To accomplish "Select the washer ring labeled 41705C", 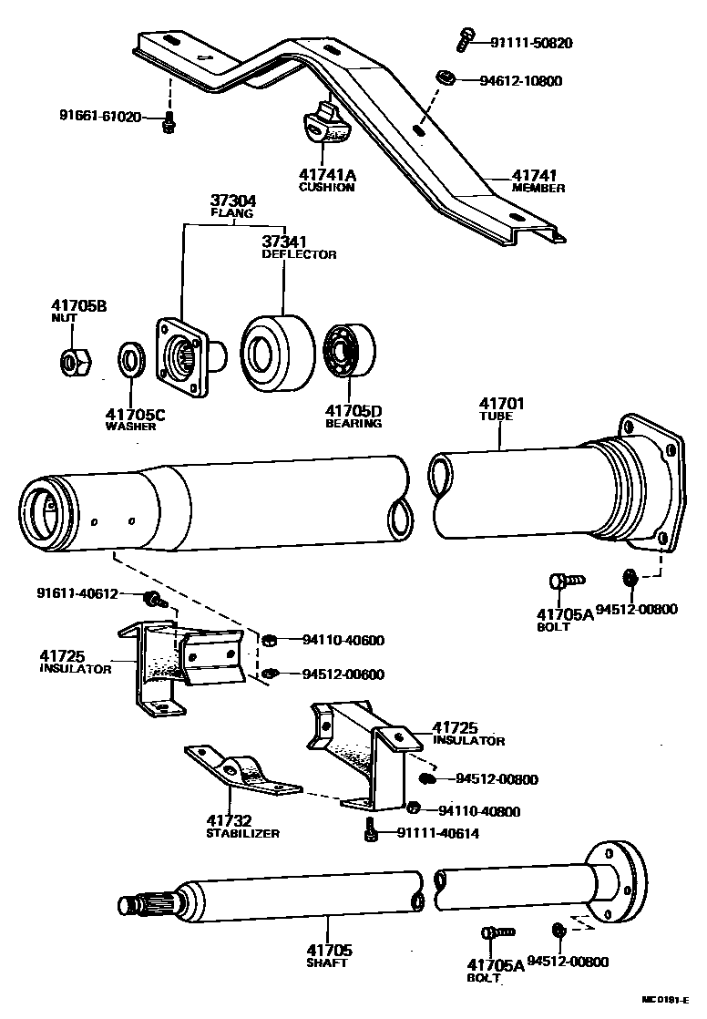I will click(131, 359).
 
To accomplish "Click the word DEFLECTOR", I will click(298, 254).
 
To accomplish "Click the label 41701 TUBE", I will click(497, 408).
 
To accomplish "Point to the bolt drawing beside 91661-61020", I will click(168, 122).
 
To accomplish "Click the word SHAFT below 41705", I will click(327, 962).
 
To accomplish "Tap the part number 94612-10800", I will click(520, 80).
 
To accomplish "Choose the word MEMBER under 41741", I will click(538, 189).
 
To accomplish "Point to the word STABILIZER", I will click(241, 833).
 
